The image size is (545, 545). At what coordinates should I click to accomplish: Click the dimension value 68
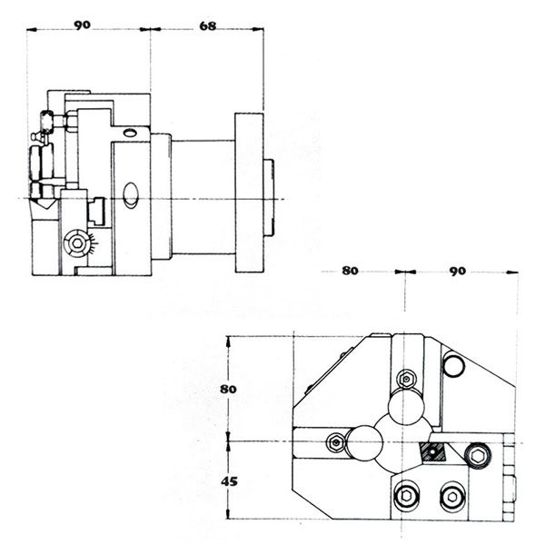click(207, 26)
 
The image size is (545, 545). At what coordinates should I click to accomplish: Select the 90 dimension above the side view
click(82, 25)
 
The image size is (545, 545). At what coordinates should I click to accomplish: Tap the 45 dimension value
click(230, 481)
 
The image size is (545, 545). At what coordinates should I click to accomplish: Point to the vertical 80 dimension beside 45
click(228, 389)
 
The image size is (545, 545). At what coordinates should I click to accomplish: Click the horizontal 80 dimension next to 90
click(350, 271)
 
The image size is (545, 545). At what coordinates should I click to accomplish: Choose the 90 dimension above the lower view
click(458, 271)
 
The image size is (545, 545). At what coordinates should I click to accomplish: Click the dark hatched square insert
click(432, 451)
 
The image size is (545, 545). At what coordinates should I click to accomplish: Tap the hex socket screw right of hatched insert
click(479, 456)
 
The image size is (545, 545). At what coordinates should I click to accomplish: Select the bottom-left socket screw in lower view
click(406, 496)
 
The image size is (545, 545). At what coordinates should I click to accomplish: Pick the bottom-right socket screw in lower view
click(452, 497)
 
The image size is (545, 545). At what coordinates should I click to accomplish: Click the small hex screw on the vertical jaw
click(406, 379)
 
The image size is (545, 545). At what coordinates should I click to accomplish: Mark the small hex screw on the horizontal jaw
click(335, 442)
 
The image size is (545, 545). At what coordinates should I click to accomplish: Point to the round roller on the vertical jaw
click(406, 407)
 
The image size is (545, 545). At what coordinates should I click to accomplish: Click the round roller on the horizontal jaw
click(364, 442)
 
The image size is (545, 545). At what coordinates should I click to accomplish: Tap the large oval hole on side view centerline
click(131, 195)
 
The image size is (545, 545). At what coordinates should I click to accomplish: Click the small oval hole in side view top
click(129, 133)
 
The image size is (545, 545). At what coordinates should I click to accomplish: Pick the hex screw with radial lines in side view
click(77, 243)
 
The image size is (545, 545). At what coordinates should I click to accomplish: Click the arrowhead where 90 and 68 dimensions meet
click(150, 30)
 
